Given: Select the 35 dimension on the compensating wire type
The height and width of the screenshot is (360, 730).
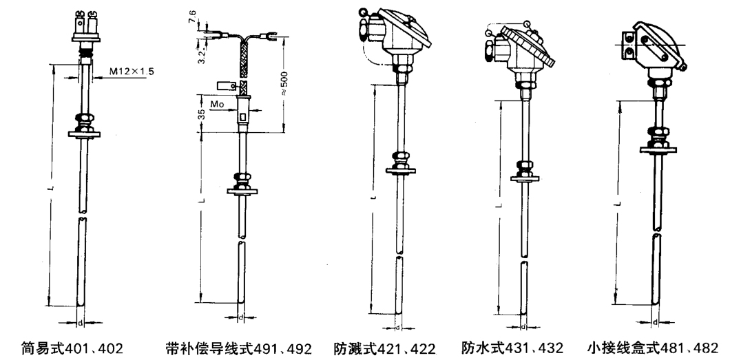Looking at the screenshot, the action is click(x=202, y=114).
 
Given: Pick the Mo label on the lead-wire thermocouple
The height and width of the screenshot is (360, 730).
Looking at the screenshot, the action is click(x=217, y=104).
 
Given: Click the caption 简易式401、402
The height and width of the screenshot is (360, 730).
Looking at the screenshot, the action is click(x=72, y=348).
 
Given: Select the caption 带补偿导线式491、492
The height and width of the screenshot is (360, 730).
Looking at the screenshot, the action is click(x=238, y=348).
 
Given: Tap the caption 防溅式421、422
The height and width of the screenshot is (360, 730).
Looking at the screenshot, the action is click(x=384, y=348).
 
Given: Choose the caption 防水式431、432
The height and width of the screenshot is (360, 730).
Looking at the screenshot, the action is click(x=512, y=348).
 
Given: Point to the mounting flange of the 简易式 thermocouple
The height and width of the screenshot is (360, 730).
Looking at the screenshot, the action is click(x=84, y=135).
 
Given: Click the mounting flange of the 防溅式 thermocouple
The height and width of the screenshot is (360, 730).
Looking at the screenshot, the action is click(x=400, y=171).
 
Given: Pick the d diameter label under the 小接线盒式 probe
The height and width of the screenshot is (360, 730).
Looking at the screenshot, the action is click(x=655, y=322).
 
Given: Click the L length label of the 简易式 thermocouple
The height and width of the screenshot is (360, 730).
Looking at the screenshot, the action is click(x=52, y=188).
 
